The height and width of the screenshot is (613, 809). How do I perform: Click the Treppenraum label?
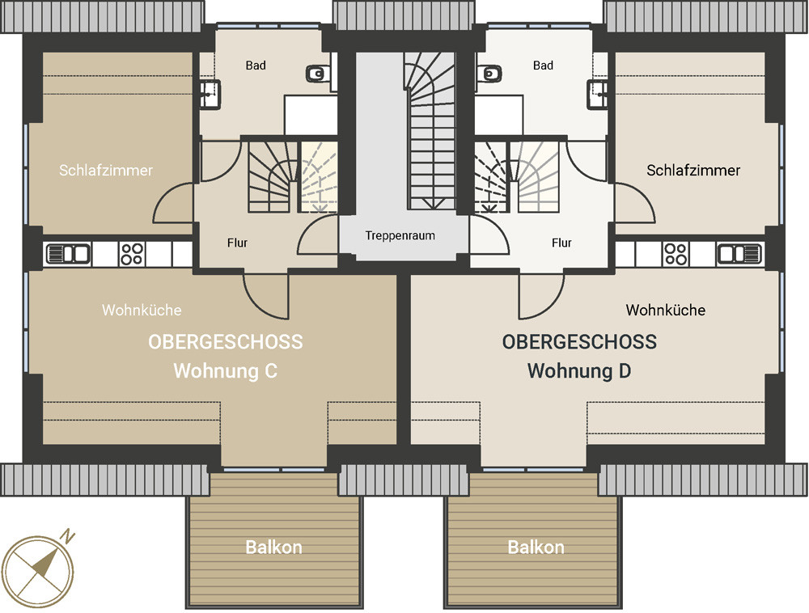coord(400,235)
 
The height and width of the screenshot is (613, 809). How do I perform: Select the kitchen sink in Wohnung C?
coord(68,254)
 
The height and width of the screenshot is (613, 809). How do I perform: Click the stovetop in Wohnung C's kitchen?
coord(132,254)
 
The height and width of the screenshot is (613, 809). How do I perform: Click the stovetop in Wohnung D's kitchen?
coord(676,254)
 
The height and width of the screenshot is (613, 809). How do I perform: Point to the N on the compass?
coord(68,537)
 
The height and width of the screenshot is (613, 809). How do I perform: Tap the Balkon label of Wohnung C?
coord(273,547)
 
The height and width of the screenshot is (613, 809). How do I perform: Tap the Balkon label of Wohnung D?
coord(536,547)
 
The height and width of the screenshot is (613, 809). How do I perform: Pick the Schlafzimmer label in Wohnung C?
coord(106,170)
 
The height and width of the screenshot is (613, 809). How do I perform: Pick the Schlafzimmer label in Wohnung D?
coord(693,170)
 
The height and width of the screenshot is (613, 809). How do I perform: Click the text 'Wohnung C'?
coord(226,370)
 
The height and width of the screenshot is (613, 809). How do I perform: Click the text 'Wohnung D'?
coord(579,370)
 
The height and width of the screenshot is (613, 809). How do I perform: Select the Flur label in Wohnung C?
coord(237,243)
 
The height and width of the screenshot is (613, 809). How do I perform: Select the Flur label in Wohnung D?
coord(561,243)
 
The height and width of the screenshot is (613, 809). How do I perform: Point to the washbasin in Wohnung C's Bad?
coord(210,93)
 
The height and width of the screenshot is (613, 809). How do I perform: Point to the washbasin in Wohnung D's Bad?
coord(598,93)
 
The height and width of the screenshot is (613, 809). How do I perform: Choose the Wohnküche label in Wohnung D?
coord(666,310)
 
